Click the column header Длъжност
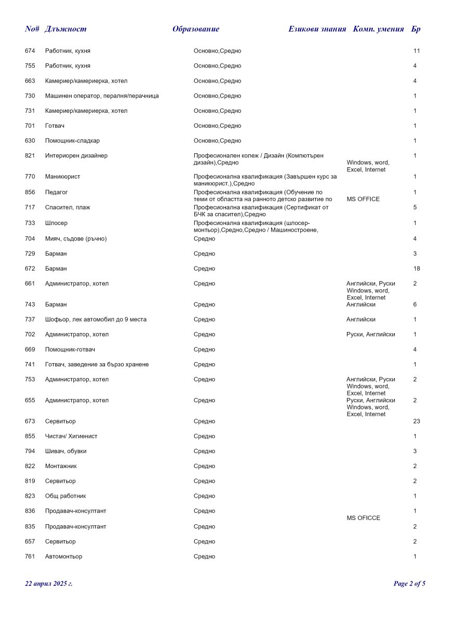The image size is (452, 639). tap(65, 29)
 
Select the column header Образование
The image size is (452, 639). tap(196, 29)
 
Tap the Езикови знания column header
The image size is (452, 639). tap(317, 29)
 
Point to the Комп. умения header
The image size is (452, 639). tap(378, 29)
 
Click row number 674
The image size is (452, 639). tap(30, 51)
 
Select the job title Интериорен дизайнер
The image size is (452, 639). tap(76, 156)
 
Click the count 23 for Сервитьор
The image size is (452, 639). tap(417, 421)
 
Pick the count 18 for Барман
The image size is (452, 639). tap(417, 269)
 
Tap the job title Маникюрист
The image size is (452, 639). tap(63, 177)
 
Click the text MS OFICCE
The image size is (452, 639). tap(363, 518)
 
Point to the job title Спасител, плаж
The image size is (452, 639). tap(68, 208)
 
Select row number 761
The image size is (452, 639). tap(30, 557)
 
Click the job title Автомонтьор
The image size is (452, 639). tap(63, 557)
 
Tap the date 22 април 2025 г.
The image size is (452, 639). tap(49, 583)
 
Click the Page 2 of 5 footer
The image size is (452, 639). tap(409, 583)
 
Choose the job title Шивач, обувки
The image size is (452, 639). tap(66, 451)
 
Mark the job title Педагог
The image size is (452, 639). tap(57, 192)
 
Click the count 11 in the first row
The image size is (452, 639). tap(417, 51)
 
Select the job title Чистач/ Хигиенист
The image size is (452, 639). tap(71, 436)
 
